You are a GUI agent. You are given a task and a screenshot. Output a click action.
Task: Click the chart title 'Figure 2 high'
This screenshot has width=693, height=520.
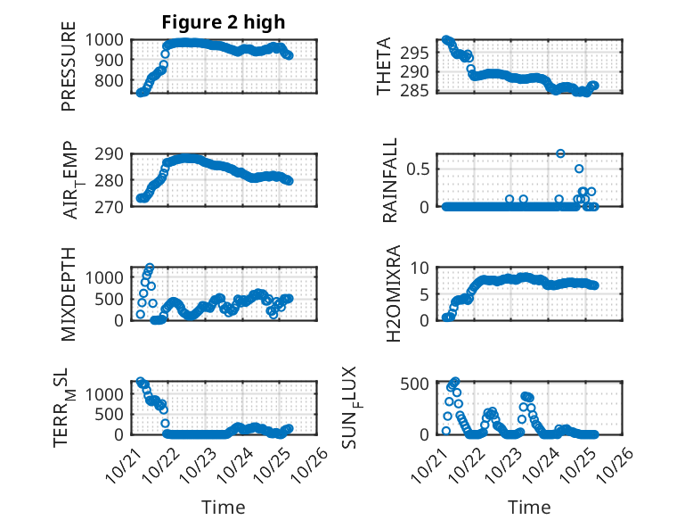point(223,22)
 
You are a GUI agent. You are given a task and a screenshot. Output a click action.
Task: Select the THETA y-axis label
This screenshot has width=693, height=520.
point(384,66)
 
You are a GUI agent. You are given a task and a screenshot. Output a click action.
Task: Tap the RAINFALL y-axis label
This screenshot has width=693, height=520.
point(390,181)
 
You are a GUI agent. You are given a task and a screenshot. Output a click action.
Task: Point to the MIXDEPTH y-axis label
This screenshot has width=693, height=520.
point(69,293)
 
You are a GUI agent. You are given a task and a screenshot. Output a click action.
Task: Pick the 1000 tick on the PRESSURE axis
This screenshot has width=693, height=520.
point(107,39)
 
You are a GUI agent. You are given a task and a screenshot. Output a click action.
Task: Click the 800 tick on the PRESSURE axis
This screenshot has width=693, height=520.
point(111,81)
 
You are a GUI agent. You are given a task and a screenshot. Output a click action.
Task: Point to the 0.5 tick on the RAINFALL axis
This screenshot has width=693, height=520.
point(419,169)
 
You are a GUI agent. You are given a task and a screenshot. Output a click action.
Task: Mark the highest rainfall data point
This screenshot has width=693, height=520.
point(560,153)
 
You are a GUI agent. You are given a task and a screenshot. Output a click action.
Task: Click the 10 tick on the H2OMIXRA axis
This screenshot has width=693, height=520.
point(423,268)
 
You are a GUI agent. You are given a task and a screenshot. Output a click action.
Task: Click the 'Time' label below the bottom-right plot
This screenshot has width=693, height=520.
point(529,508)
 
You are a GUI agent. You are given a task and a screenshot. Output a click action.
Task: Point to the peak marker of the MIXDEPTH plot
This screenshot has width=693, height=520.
point(150,268)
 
